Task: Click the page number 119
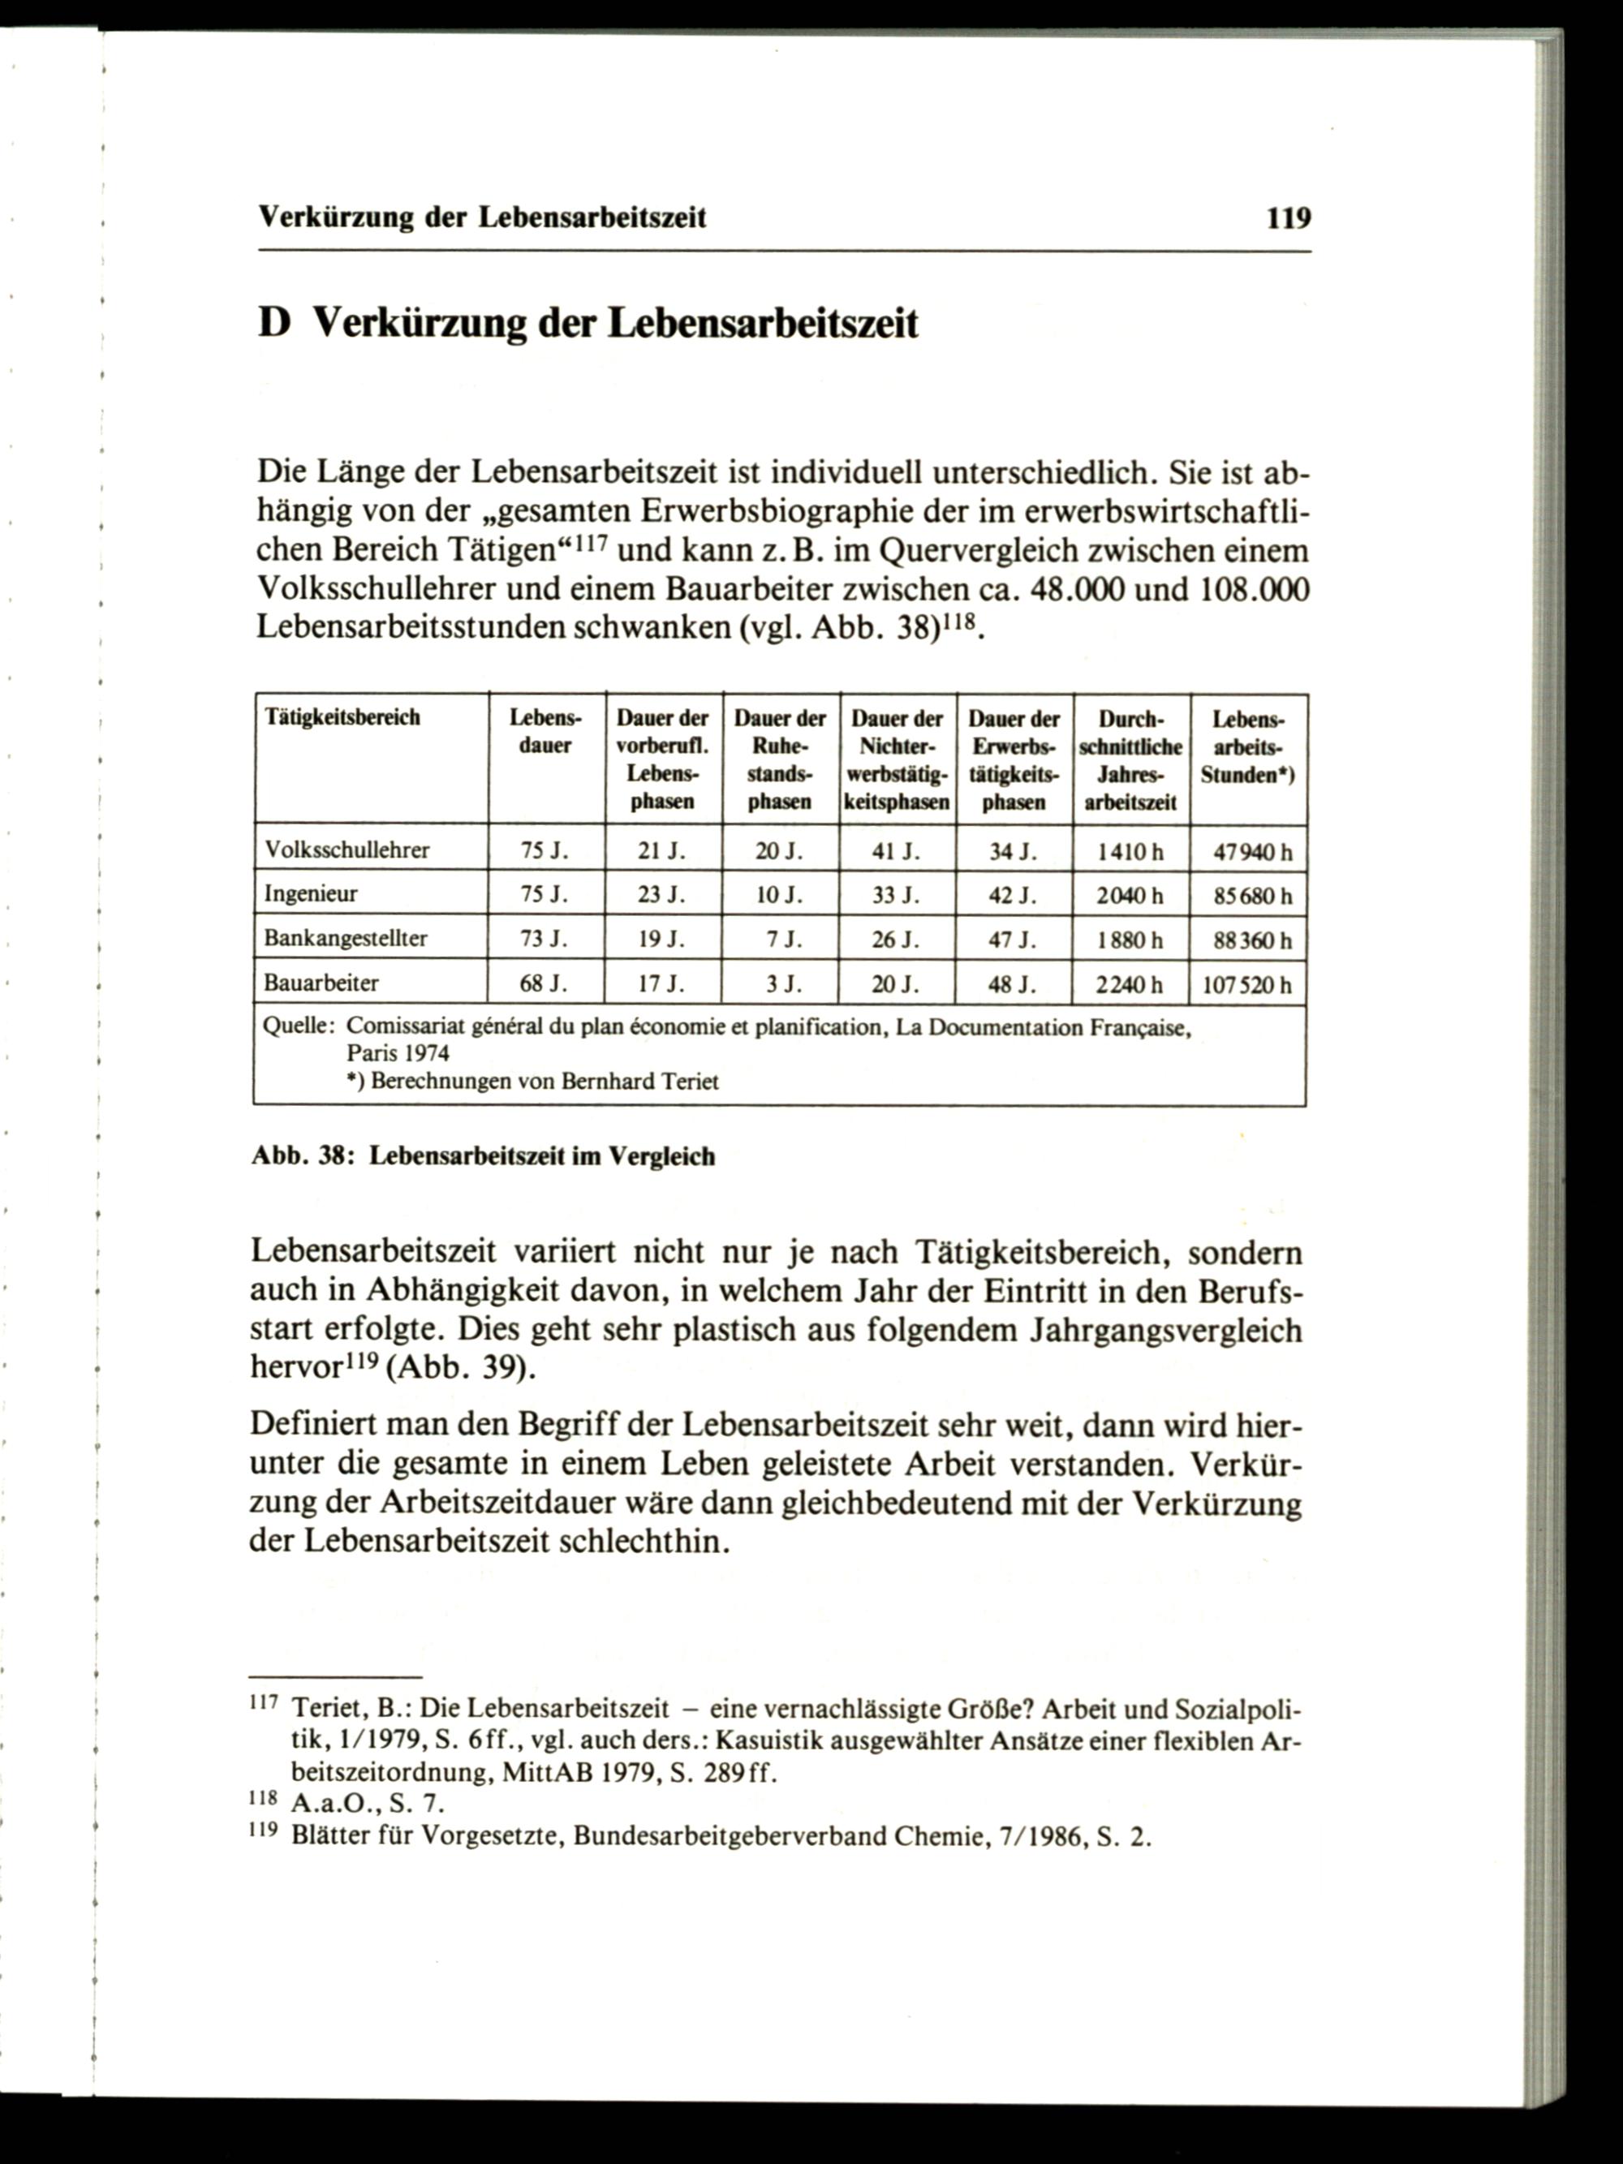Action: (1287, 217)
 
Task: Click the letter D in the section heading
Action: (275, 323)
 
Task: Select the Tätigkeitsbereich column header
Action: (342, 717)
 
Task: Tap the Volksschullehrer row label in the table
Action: (347, 850)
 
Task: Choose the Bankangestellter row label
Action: (346, 938)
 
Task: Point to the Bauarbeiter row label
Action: (321, 983)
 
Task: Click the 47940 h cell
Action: (1252, 852)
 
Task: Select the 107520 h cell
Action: (1247, 985)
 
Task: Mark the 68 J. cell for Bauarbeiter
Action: (544, 984)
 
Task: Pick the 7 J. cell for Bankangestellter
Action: (782, 940)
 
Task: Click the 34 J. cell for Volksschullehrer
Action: (1013, 852)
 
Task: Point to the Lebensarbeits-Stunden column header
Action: (1247, 747)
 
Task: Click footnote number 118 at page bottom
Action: (264, 1800)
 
